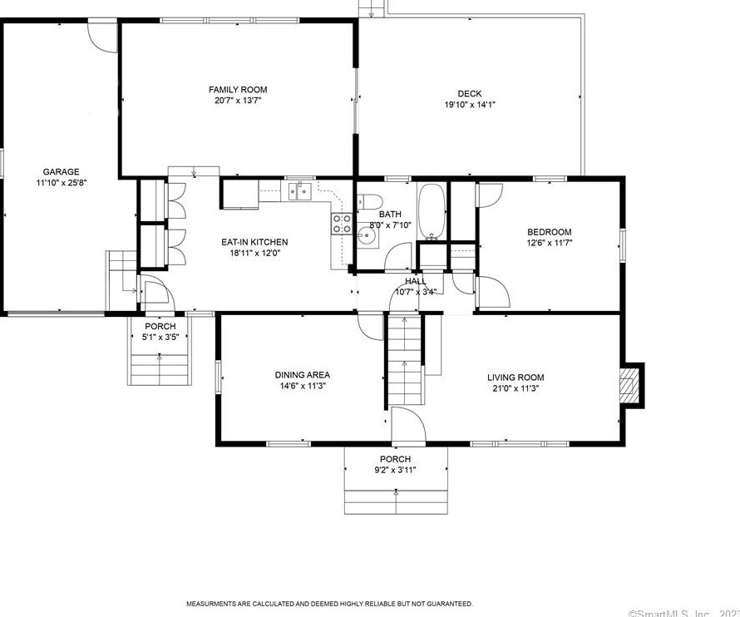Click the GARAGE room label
tap(61, 172)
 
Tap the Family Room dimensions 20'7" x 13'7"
tap(238, 101)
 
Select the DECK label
tap(470, 94)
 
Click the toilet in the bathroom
tap(369, 201)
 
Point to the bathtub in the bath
tap(432, 210)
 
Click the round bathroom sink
tap(368, 234)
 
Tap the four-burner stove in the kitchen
tap(341, 224)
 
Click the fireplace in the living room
tap(629, 385)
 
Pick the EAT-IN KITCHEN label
tap(254, 242)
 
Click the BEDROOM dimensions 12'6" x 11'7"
tap(550, 243)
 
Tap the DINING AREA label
tap(303, 375)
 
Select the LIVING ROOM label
tap(516, 378)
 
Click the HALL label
tap(415, 281)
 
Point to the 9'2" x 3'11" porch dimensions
tap(396, 470)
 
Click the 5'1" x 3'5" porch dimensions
tap(160, 337)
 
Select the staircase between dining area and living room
tap(404, 360)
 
